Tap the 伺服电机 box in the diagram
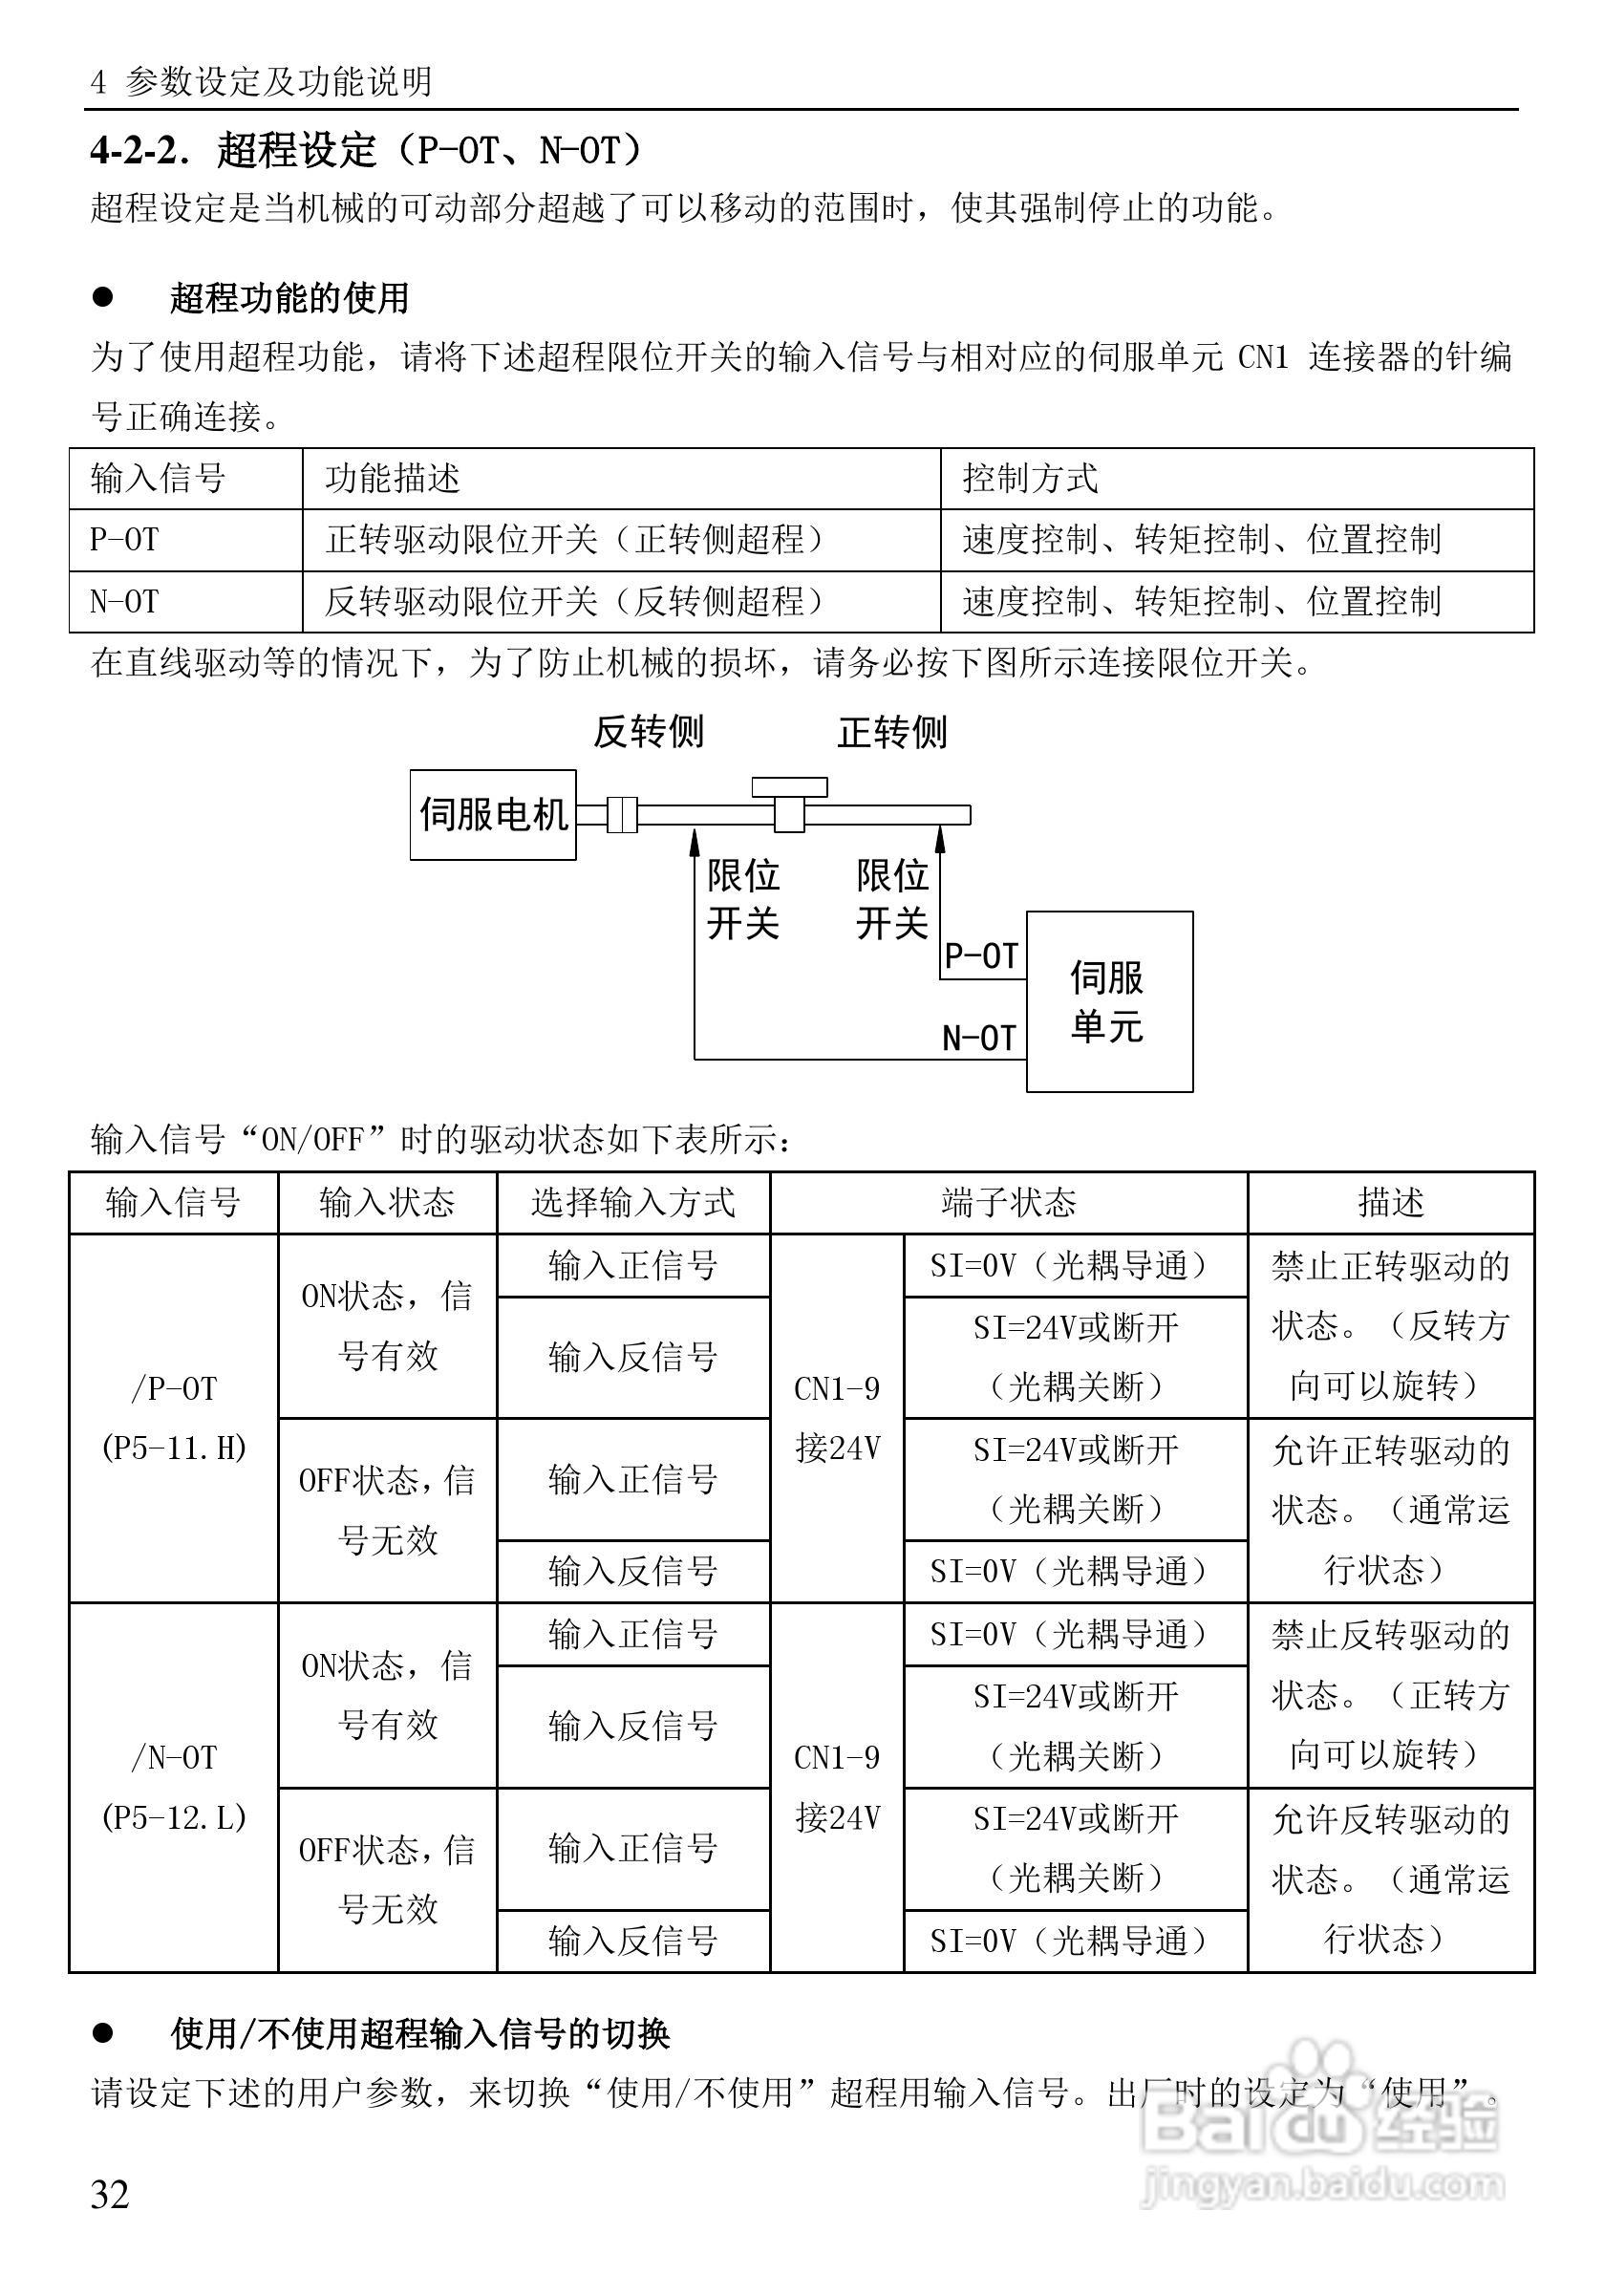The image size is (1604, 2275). click(x=492, y=814)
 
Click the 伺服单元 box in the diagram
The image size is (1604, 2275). click(x=1108, y=1000)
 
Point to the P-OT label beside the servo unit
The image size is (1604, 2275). click(x=981, y=956)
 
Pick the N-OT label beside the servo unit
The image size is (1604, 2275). click(x=979, y=1039)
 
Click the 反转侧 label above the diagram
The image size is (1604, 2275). click(x=648, y=732)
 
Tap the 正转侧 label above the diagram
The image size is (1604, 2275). click(x=891, y=732)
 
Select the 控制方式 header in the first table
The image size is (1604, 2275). click(x=1031, y=479)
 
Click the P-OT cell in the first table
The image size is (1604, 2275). click(x=125, y=540)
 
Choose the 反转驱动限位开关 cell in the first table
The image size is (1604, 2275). click(x=574, y=601)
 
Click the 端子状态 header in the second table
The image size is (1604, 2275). click(x=1009, y=1203)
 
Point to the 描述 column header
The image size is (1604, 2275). click(x=1390, y=1203)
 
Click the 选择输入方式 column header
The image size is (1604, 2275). click(x=633, y=1203)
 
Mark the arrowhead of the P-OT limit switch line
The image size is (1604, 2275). click(x=941, y=839)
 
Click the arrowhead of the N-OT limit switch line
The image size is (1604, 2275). click(x=695, y=839)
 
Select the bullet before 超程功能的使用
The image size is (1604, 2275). click(x=103, y=297)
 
